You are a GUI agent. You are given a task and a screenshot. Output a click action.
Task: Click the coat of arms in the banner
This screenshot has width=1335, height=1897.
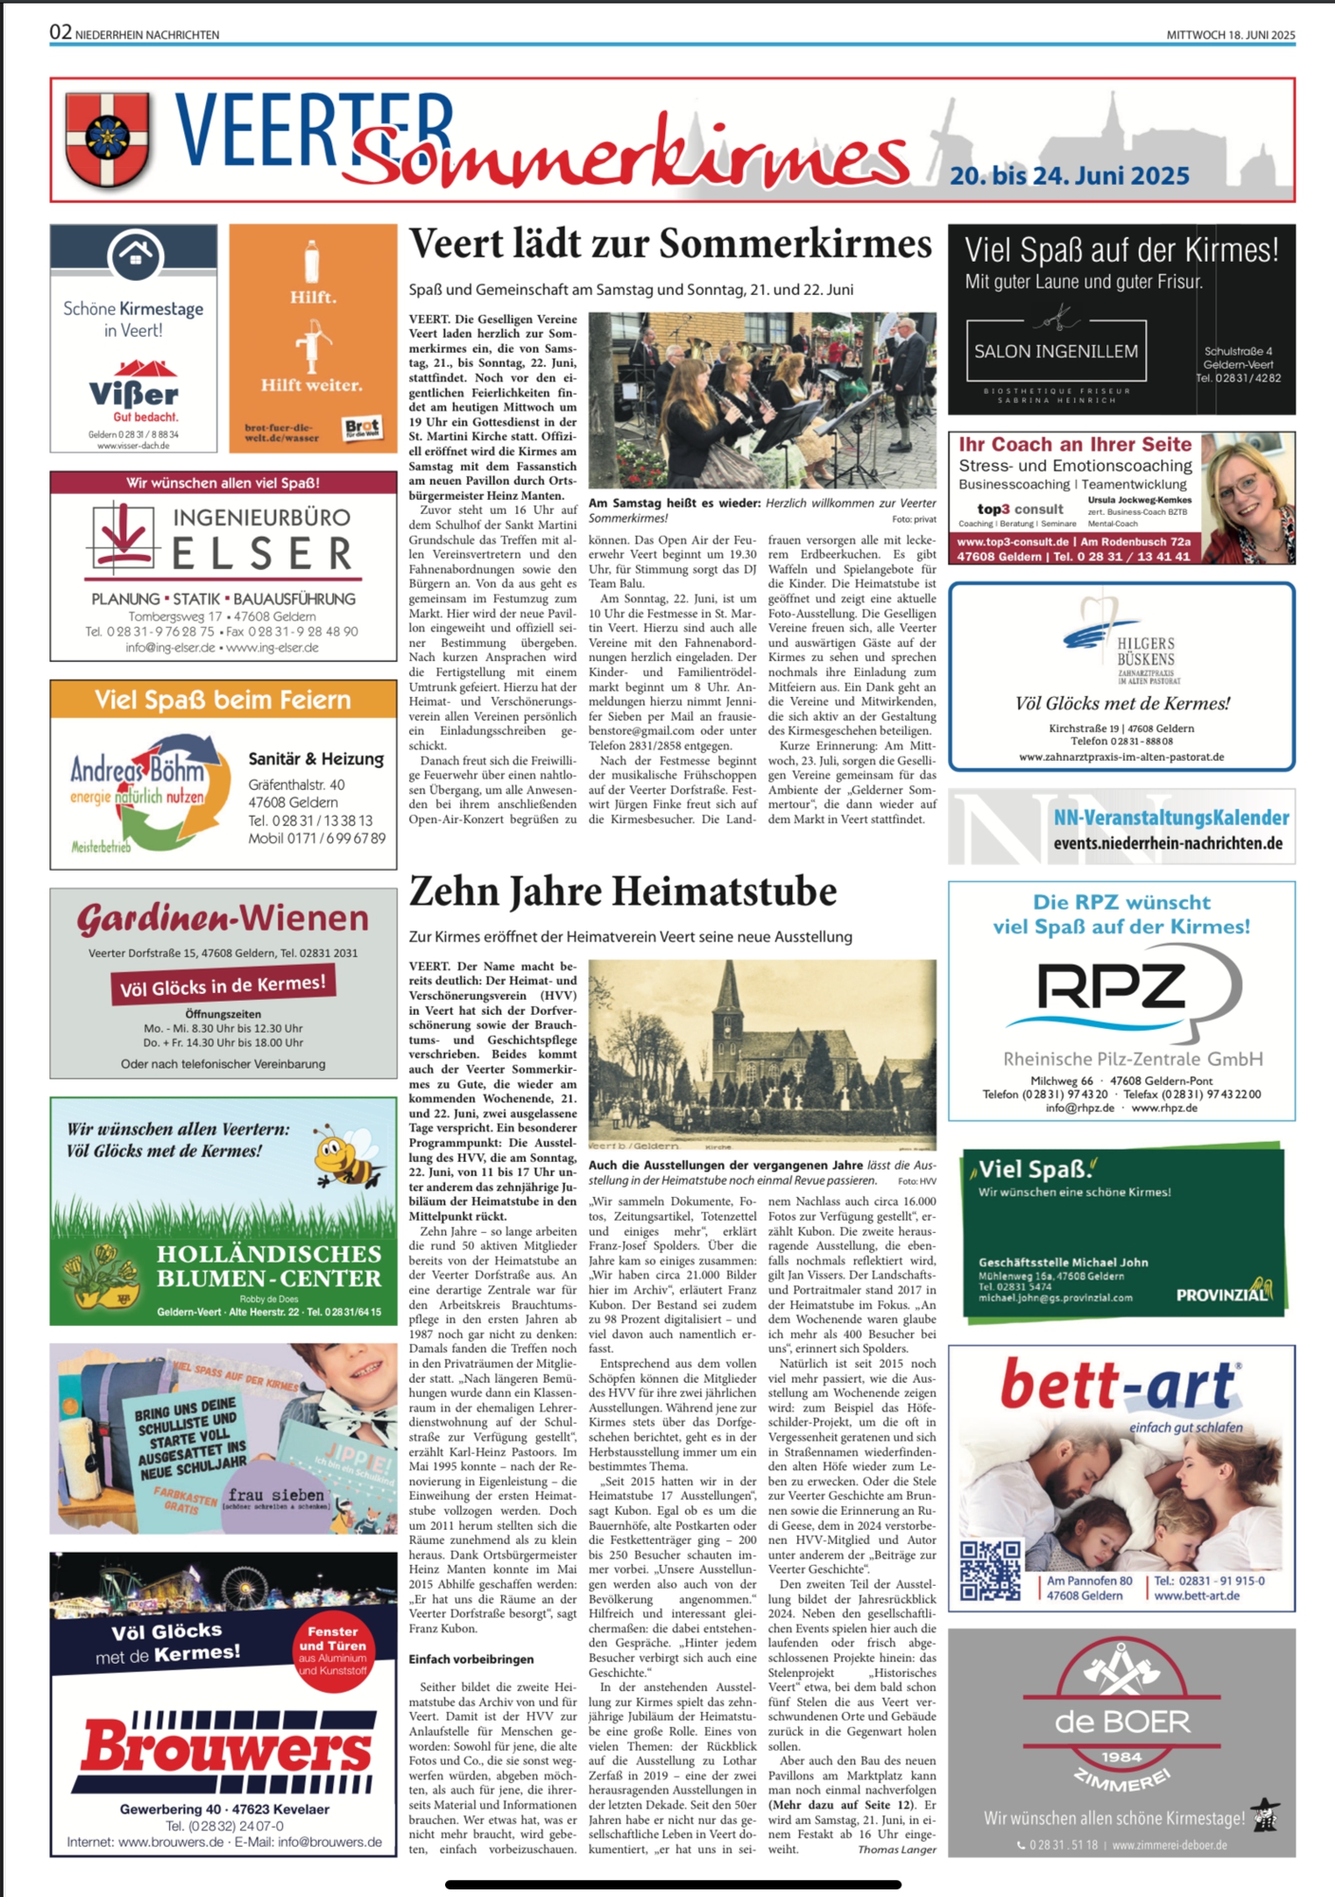[107, 138]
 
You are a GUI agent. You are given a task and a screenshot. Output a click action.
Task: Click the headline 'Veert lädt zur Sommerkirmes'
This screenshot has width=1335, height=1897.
[670, 245]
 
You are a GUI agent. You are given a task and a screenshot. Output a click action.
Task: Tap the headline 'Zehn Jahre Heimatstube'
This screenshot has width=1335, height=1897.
[622, 892]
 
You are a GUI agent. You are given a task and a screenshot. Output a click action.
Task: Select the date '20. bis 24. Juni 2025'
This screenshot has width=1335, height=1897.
[1069, 176]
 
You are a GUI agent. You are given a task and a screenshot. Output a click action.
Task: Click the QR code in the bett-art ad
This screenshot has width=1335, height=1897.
[990, 1571]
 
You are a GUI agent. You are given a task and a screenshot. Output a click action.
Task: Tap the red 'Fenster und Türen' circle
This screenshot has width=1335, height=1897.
[332, 1651]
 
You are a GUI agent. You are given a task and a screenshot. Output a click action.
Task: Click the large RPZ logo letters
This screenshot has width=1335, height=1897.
[1110, 986]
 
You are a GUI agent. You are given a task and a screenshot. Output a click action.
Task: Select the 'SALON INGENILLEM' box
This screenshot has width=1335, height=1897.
[1056, 351]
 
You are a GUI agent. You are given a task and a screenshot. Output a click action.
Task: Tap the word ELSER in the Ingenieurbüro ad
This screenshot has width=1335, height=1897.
[262, 554]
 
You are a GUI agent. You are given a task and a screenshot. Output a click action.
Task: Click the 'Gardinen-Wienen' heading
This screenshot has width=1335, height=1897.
[223, 918]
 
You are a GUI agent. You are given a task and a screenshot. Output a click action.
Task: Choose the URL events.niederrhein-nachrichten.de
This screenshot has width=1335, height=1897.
[1167, 843]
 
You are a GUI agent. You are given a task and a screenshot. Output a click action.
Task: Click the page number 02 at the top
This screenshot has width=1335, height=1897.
[61, 32]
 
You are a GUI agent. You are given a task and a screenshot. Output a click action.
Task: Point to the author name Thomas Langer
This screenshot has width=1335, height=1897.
[897, 1849]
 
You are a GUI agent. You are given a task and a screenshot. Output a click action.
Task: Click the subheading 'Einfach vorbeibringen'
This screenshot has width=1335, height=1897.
[471, 1659]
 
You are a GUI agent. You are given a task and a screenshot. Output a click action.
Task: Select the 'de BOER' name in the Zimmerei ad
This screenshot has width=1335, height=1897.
[1122, 1721]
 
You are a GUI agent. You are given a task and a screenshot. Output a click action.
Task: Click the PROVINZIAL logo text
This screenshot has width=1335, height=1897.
[1221, 1294]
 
